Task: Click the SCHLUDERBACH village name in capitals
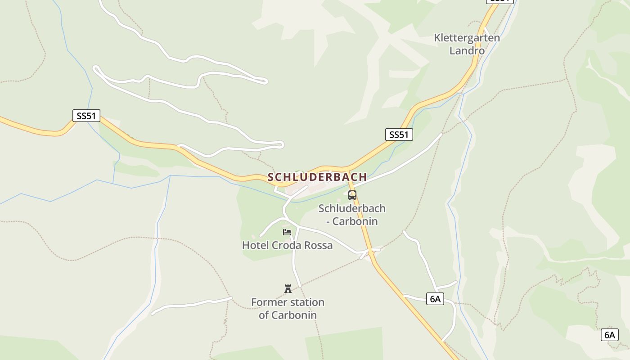pos(317,177)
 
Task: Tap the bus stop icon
pos(352,195)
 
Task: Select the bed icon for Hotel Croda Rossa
pos(287,232)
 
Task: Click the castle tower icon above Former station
pos(288,288)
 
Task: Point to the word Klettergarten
pos(467,38)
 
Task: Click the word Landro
pos(467,50)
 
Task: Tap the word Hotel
pos(255,245)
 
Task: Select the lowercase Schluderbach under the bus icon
pos(352,208)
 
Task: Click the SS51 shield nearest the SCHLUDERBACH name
pos(399,134)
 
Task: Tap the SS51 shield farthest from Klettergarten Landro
pos(86,116)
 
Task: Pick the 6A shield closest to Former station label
pos(435,299)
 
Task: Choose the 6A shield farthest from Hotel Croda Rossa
pos(609,335)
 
